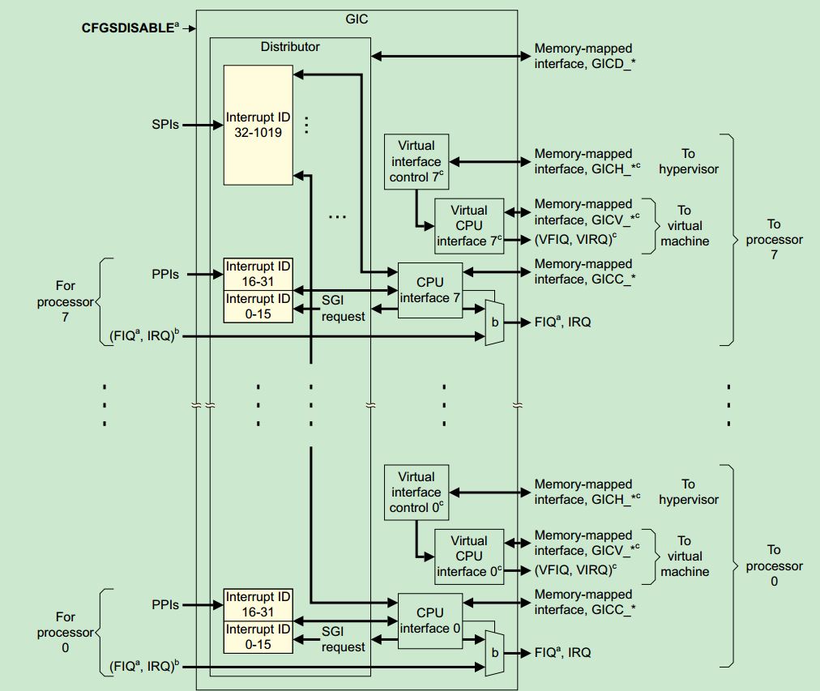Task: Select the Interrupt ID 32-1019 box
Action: pyautogui.click(x=258, y=125)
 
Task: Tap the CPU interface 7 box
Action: pyautogui.click(x=429, y=290)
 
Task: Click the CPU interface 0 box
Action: pyautogui.click(x=429, y=621)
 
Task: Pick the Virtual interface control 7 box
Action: pyautogui.click(x=416, y=161)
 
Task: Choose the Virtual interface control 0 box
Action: pyautogui.click(x=416, y=493)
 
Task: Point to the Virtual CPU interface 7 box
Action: pyautogui.click(x=469, y=226)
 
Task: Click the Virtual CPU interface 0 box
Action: pyautogui.click(x=469, y=557)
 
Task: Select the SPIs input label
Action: pyautogui.click(x=164, y=125)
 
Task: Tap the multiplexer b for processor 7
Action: pyautogui.click(x=493, y=322)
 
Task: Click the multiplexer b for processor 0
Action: pyautogui.click(x=493, y=653)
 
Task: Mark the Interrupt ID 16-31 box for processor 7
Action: pyautogui.click(x=258, y=274)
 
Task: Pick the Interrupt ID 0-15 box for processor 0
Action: pyautogui.click(x=258, y=638)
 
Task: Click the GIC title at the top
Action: pyautogui.click(x=356, y=18)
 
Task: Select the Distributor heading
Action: pyautogui.click(x=289, y=46)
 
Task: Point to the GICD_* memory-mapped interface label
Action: pyautogui.click(x=583, y=57)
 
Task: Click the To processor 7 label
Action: pyautogui.click(x=774, y=239)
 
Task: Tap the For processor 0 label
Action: pyautogui.click(x=65, y=632)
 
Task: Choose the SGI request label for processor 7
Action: pyautogui.click(x=343, y=308)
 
